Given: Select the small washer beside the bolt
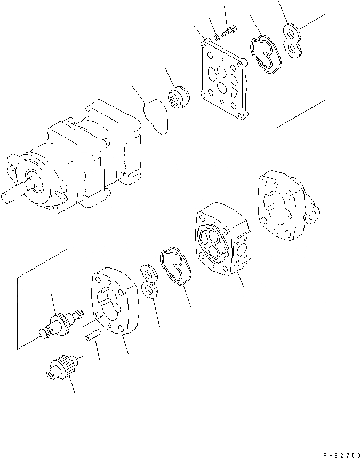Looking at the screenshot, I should click(x=218, y=37).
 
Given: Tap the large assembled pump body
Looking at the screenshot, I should click(x=80, y=160).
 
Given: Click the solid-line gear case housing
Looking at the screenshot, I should click(x=219, y=240).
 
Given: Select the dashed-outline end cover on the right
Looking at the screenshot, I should click(x=285, y=206).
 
